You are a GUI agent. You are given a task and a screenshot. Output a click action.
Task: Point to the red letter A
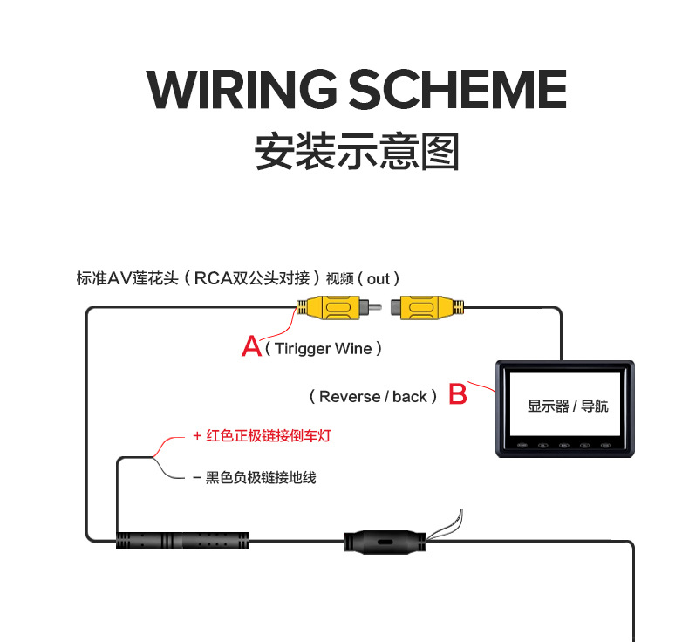coord(251,347)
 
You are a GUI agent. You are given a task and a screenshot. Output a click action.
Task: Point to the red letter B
coord(457,394)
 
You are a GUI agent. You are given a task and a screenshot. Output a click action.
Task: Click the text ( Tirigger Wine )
coord(324,349)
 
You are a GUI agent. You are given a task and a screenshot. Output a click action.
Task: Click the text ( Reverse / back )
coord(373,397)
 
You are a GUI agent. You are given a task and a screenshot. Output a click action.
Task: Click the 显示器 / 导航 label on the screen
coord(568,406)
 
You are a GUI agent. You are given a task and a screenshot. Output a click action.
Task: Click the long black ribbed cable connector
coord(183,540)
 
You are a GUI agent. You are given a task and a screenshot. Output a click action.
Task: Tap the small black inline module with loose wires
coord(383,541)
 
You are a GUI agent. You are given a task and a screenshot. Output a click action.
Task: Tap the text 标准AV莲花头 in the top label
coord(127,279)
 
